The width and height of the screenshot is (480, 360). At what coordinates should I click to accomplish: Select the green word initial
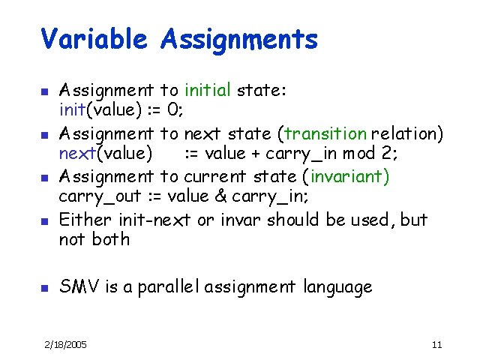pyautogui.click(x=208, y=91)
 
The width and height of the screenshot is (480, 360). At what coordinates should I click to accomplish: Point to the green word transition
pyautogui.click(x=323, y=134)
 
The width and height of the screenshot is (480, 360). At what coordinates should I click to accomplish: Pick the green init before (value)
pyautogui.click(x=73, y=111)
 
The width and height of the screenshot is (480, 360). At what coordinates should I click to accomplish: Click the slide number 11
pyautogui.click(x=437, y=344)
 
